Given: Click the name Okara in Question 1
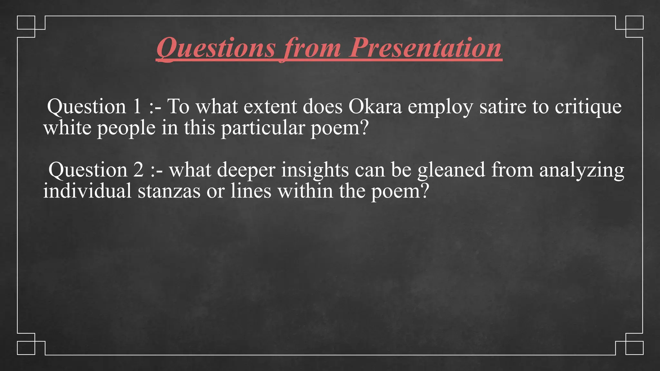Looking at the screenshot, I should pyautogui.click(x=375, y=107).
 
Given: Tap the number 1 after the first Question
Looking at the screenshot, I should pyautogui.click(x=137, y=107).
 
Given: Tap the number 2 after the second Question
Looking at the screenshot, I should pyautogui.click(x=138, y=170).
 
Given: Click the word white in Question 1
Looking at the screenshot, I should pyautogui.click(x=67, y=128).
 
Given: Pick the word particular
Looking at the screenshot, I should pyautogui.click(x=263, y=128).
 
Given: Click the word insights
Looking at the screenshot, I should pyautogui.click(x=315, y=170).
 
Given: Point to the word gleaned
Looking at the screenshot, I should pyautogui.click(x=451, y=170).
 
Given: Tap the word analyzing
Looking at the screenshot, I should pyautogui.click(x=582, y=170).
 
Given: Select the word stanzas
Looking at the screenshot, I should pyautogui.click(x=169, y=191).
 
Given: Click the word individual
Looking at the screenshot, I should pyautogui.click(x=87, y=191).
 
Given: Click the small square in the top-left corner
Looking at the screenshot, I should pyautogui.click(x=26, y=23).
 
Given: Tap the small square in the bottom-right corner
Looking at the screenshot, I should pyautogui.click(x=634, y=348).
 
